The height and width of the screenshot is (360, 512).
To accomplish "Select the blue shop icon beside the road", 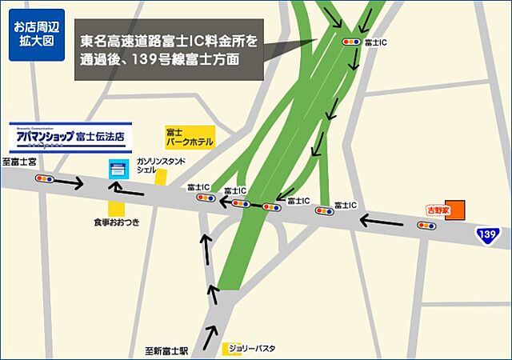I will pos(118,170).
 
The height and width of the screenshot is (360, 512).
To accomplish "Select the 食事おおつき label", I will pos(117,222).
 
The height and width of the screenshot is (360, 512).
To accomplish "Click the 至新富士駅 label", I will pos(166,350).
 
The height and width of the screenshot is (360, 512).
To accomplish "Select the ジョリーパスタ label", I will pos(252,349).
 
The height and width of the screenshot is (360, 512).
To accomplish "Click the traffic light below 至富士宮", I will pos(44,179).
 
